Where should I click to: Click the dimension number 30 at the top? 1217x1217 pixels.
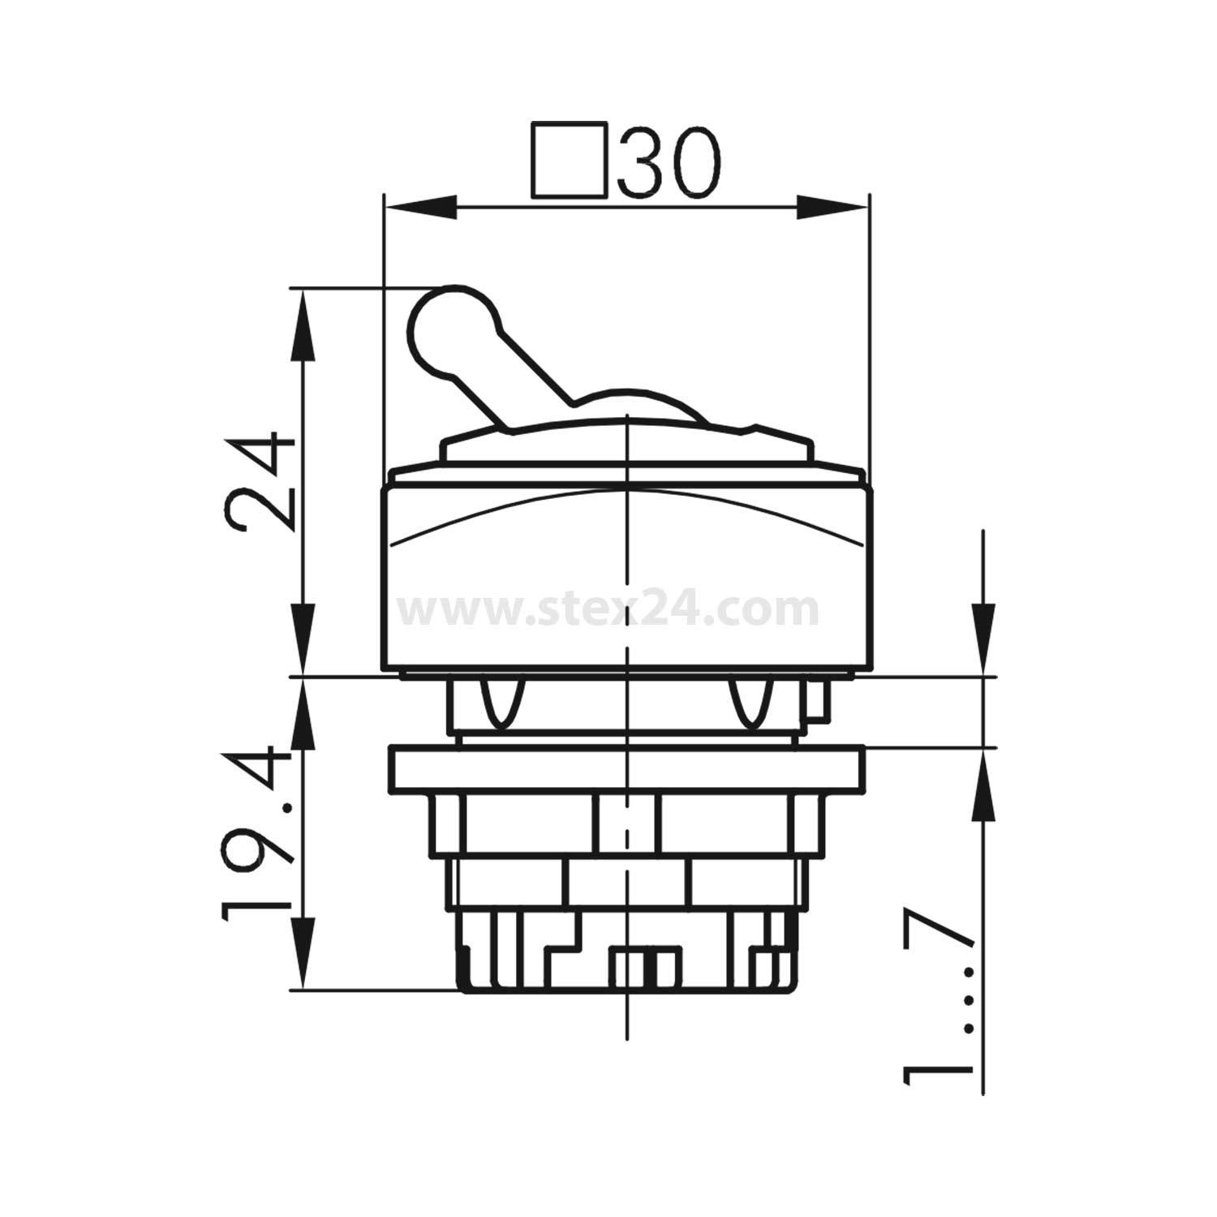668,162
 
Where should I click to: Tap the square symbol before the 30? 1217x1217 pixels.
570,161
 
